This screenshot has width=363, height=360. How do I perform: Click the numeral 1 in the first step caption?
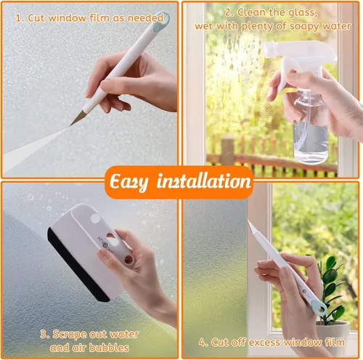click(17, 16)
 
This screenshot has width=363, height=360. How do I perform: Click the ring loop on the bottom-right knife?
click(319, 309)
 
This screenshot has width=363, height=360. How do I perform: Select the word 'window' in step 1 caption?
click(65, 16)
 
